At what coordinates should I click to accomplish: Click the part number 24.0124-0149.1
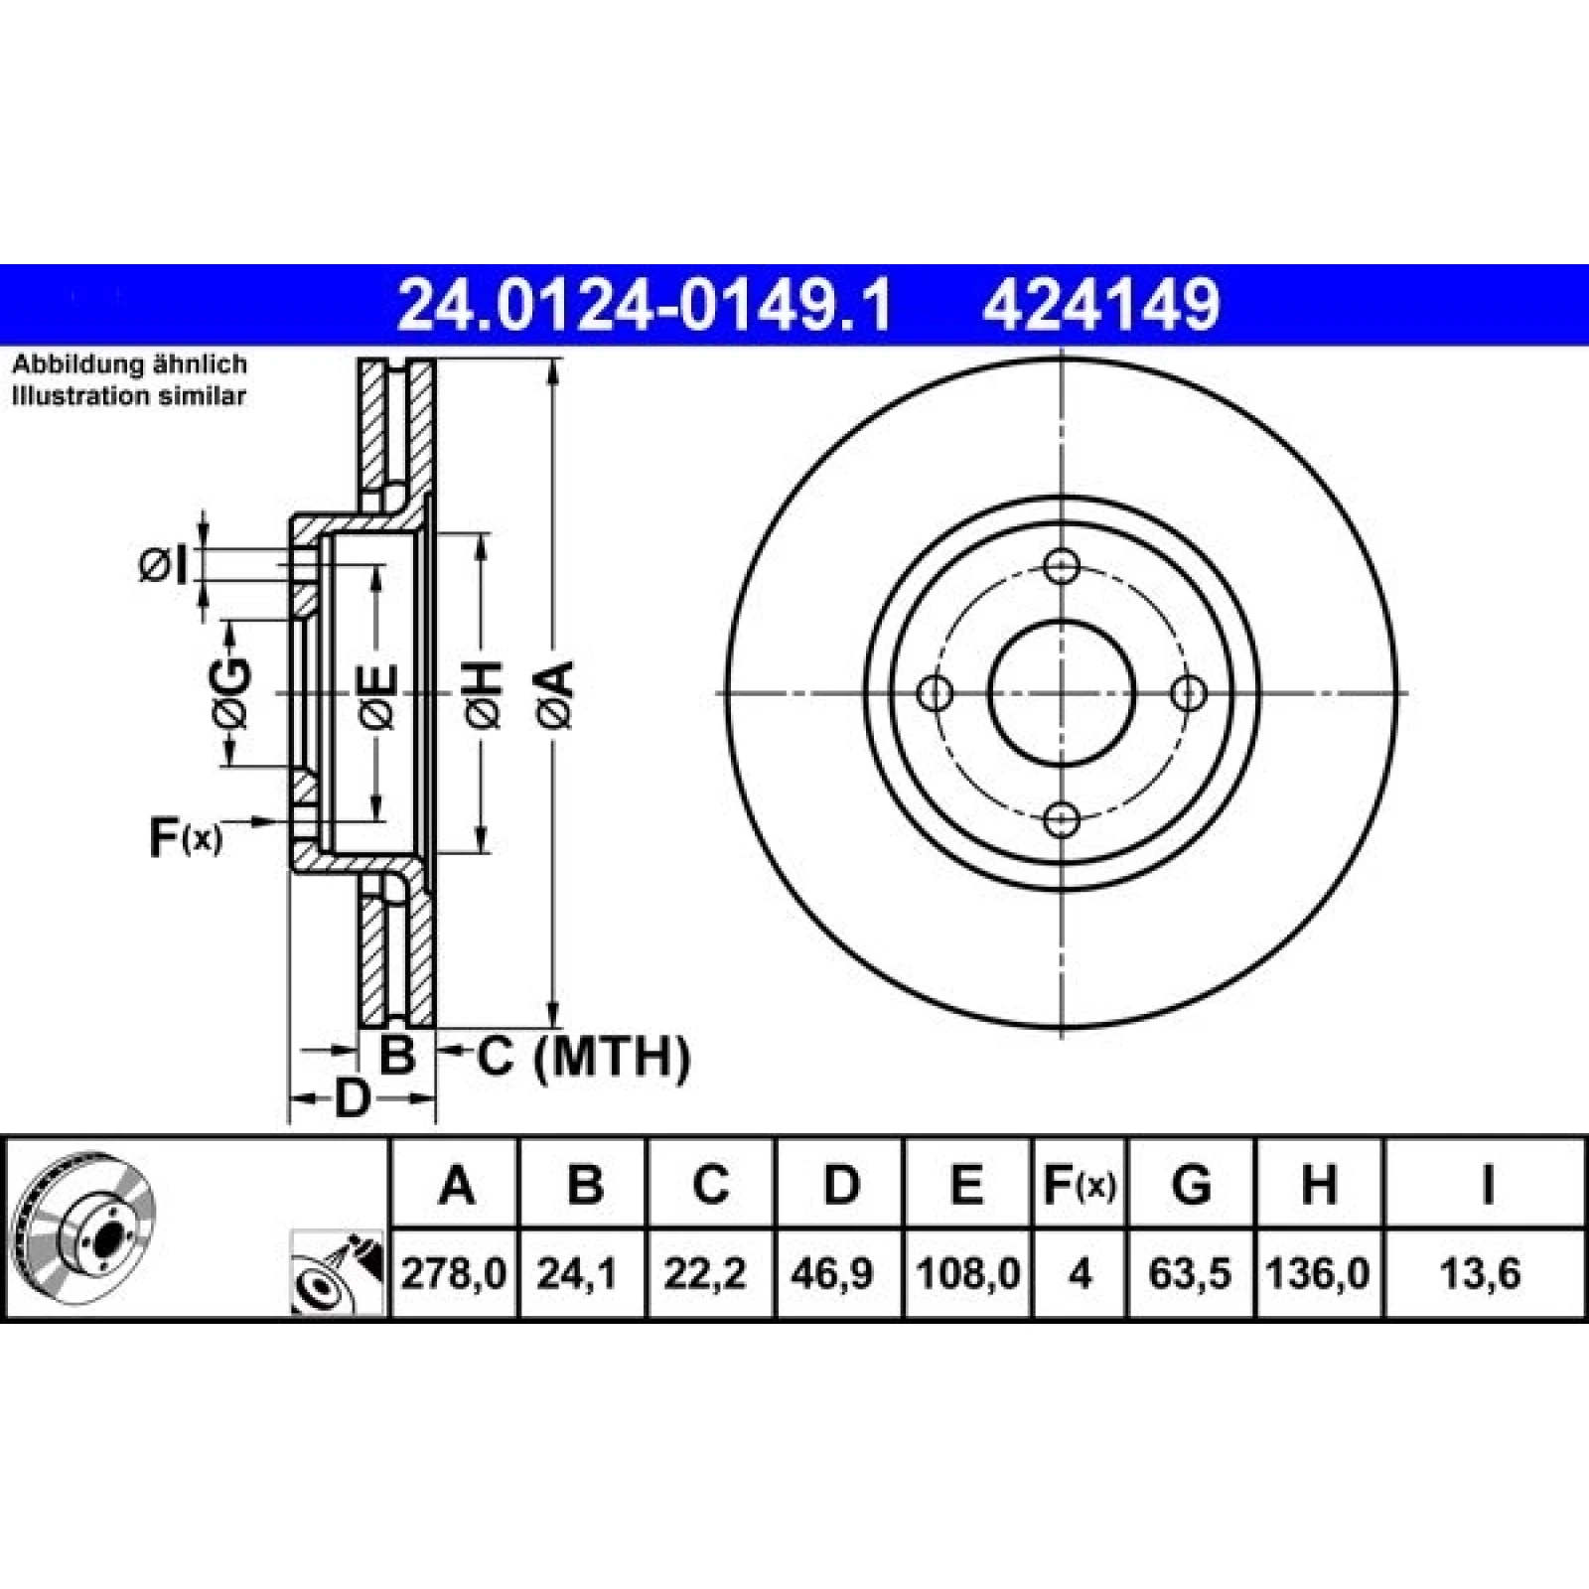[645, 305]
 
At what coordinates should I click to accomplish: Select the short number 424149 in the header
[1100, 305]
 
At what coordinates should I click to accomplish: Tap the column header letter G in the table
[1192, 1184]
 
